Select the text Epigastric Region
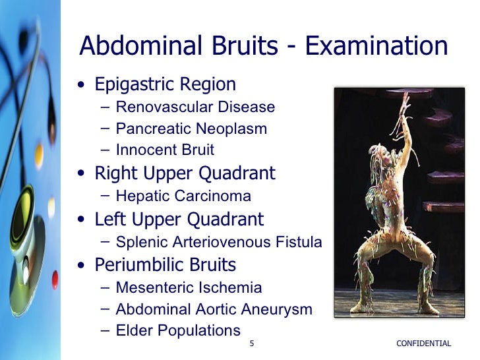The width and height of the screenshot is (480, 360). coord(165,85)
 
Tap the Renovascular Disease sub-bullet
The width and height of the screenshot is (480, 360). coord(195,107)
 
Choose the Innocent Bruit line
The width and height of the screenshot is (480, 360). coord(164,150)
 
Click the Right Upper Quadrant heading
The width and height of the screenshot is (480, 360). coord(185,173)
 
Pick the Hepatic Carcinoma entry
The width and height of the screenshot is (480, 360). coord(183,196)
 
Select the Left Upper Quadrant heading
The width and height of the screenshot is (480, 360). coord(179,219)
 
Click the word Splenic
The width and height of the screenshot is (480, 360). coord(140,242)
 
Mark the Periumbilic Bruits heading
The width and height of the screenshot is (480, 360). coord(165,265)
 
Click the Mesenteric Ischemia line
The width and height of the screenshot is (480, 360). coord(188,287)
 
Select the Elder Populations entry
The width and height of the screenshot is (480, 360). coord(177,330)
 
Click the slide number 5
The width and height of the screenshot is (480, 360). coord(252,344)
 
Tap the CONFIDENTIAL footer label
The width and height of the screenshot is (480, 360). coord(424,344)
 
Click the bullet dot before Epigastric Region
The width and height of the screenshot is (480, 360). coord(80,86)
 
